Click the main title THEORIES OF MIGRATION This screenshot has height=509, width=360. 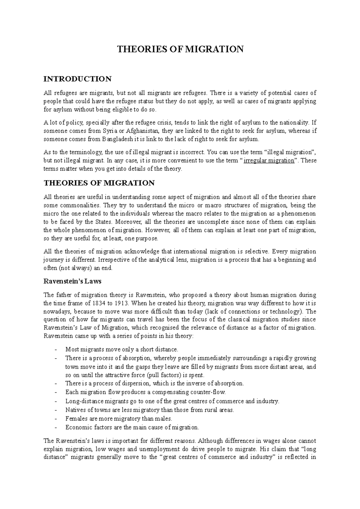click(180, 49)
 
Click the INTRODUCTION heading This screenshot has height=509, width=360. click(77, 79)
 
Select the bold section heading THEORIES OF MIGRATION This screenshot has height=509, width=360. click(99, 183)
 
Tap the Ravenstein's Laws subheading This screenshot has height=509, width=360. click(72, 281)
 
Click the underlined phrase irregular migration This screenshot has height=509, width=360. click(269, 160)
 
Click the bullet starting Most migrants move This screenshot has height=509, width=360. click(121, 349)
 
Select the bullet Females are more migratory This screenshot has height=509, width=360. click(118, 418)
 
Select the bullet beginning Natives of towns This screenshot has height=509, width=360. click(149, 410)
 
